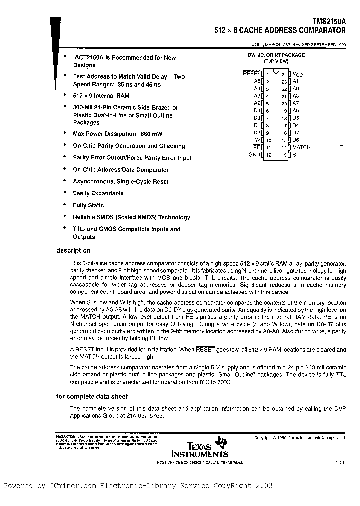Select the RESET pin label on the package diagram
click(251, 73)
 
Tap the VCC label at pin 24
click(297, 74)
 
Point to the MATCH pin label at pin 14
click(301, 147)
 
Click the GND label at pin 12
click(254, 155)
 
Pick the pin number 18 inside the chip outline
click(284, 118)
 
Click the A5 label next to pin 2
click(257, 81)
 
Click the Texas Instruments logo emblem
click(220, 442)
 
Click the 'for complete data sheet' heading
click(92, 396)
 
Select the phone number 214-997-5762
click(145, 415)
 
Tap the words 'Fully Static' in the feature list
click(88, 205)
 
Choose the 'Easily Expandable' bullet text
click(98, 193)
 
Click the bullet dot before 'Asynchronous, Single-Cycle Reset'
click(65, 181)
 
